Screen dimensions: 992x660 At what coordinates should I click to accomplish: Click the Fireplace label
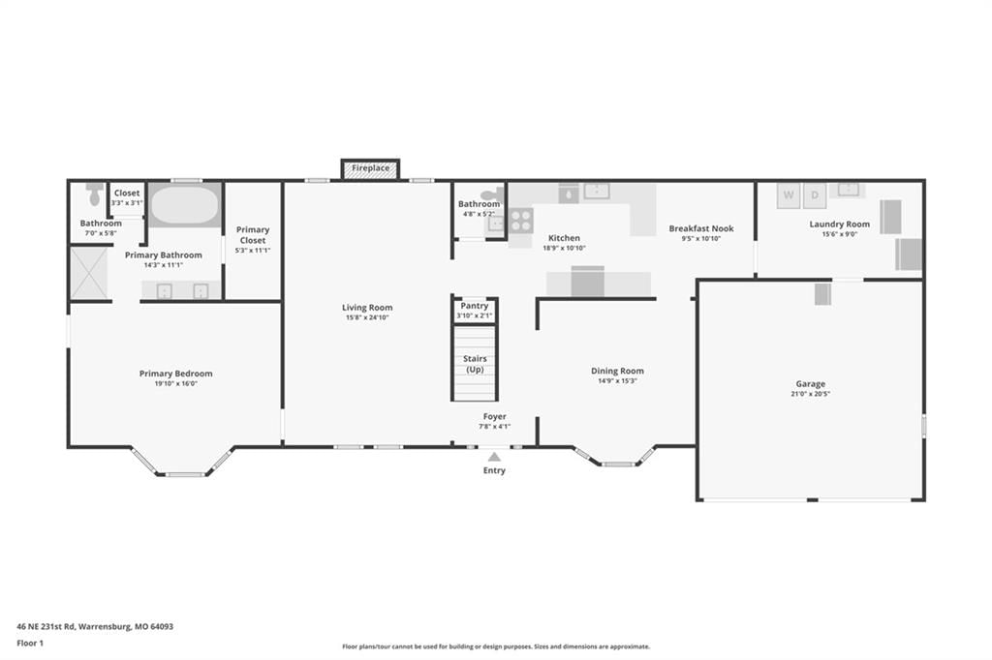[x=371, y=168]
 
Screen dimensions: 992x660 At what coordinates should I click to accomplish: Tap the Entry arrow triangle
[x=494, y=457]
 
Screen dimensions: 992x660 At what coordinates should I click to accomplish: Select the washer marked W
[x=789, y=195]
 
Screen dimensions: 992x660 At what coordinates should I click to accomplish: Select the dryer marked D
[x=815, y=195]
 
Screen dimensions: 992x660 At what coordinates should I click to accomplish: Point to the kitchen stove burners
[x=521, y=220]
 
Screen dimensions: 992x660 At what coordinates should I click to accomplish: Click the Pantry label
[x=474, y=306]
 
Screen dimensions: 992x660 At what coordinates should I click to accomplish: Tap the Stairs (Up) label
[x=475, y=364]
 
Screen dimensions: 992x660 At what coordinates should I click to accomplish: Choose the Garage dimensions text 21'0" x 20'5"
[x=811, y=394]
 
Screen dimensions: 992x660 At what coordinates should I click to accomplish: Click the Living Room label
[x=367, y=308]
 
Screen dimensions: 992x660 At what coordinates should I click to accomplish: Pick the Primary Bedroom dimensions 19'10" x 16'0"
[x=176, y=384]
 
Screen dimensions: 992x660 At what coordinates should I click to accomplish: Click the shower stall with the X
[x=89, y=273]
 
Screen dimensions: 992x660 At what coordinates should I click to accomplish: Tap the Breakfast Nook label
[x=701, y=228]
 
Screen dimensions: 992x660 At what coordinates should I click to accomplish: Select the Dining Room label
[x=617, y=371]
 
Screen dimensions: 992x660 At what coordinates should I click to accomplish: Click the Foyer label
[x=495, y=416]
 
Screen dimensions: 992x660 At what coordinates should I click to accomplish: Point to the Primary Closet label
[x=253, y=235]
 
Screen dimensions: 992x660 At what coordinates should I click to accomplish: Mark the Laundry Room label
[x=840, y=225]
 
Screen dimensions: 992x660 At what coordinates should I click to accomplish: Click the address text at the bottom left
[x=95, y=627]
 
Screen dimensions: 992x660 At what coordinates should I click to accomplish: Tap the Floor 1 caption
[x=30, y=644]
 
